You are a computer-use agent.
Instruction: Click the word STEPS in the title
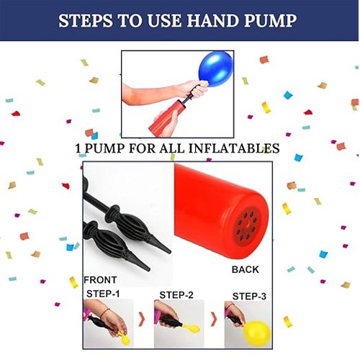pyautogui.click(x=86, y=21)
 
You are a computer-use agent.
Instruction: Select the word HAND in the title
pyautogui.click(x=213, y=21)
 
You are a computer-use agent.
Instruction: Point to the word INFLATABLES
pyautogui.click(x=234, y=148)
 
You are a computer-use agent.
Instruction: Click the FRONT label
pyautogui.click(x=100, y=280)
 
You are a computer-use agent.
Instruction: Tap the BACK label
pyautogui.click(x=246, y=269)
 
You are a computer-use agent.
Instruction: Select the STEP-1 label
pyautogui.click(x=103, y=294)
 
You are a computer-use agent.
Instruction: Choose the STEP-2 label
pyautogui.click(x=176, y=295)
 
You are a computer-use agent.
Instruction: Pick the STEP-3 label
pyautogui.click(x=249, y=297)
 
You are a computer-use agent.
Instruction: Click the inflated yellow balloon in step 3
pyautogui.click(x=257, y=333)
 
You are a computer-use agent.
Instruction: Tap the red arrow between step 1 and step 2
pyautogui.click(x=142, y=320)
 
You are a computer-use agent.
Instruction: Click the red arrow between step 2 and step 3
pyautogui.click(x=214, y=320)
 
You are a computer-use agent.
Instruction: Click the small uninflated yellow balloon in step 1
pyautogui.click(x=125, y=338)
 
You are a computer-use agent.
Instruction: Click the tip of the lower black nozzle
pyautogui.click(x=148, y=270)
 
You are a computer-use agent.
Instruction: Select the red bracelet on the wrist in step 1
pyautogui.click(x=104, y=312)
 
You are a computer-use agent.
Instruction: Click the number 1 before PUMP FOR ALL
pyautogui.click(x=78, y=148)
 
